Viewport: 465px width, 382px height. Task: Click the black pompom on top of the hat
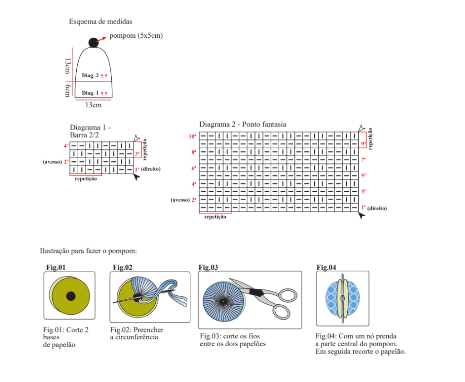coord(93,43)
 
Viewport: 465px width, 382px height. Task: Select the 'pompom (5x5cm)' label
coord(136,36)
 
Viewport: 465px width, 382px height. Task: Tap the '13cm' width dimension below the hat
coord(93,105)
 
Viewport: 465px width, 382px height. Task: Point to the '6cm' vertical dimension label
coord(67,90)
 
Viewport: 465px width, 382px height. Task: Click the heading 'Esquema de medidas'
coord(101,21)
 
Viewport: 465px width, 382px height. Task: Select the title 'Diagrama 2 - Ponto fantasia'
coord(243,124)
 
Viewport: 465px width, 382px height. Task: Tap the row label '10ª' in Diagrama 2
coord(193,136)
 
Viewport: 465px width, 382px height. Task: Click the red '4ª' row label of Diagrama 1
coord(66,146)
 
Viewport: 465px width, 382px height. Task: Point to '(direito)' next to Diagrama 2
coord(377,208)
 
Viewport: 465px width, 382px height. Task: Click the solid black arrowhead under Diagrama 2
coord(361,216)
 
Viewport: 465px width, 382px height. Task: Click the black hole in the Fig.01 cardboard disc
coord(71,296)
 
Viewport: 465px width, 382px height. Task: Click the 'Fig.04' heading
coord(326,267)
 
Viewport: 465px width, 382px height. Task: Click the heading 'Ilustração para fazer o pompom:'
coord(89,251)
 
